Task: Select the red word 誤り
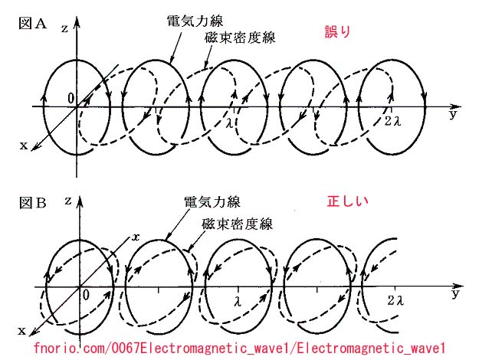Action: pos(336,32)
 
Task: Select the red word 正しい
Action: pos(348,202)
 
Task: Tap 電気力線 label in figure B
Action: pos(212,202)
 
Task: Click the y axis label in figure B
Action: pos(455,293)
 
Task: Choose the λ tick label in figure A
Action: pos(228,119)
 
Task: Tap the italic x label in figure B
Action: pos(136,237)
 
